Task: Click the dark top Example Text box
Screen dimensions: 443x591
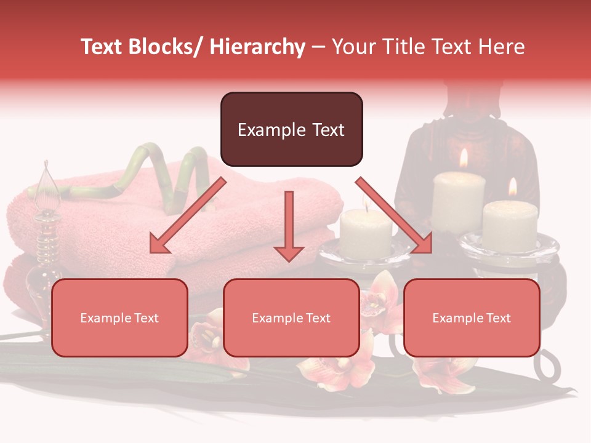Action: coord(291,129)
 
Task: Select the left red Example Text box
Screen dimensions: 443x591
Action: coord(119,317)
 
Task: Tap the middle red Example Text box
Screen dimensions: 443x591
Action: coord(291,317)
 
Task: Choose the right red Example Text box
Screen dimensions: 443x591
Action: coord(472,317)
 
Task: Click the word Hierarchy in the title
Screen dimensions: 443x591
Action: coord(257,47)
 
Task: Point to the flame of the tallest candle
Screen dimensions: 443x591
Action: coord(464,158)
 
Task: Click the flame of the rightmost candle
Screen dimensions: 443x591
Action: coord(512,187)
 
